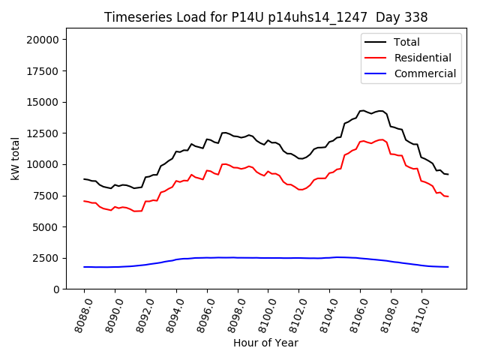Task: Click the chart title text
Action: click(265, 17)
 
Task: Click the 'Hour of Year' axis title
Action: click(265, 343)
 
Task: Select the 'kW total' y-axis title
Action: click(15, 159)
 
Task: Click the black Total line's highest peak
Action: click(363, 110)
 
